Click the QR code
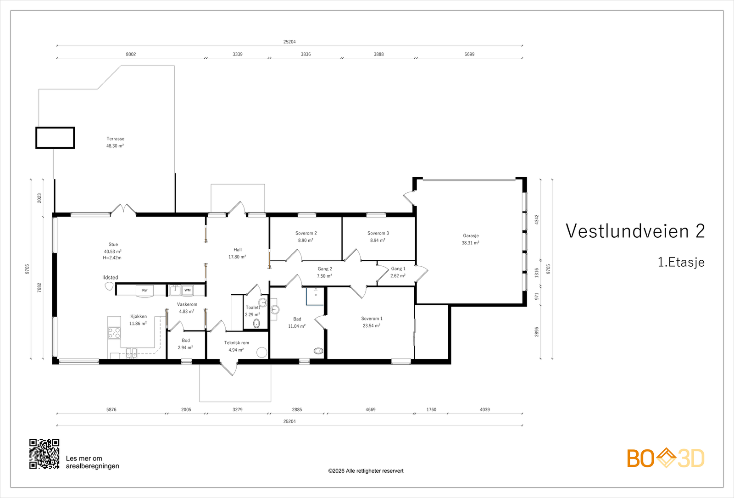click(x=44, y=454)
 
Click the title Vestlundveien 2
click(x=635, y=231)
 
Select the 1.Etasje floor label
click(x=681, y=262)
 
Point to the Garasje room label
click(x=471, y=235)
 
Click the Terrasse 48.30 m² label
click(x=115, y=142)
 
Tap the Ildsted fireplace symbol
click(x=109, y=286)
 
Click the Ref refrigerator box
click(x=145, y=290)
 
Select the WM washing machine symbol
click(x=188, y=290)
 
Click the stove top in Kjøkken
click(x=114, y=333)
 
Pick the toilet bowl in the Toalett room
click(x=256, y=324)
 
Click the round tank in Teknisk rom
click(x=261, y=352)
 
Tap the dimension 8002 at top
click(x=131, y=54)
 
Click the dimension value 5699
click(x=469, y=54)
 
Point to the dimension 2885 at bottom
click(x=297, y=409)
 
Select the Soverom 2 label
click(x=306, y=233)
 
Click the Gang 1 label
click(x=398, y=269)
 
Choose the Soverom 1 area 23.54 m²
click(x=371, y=325)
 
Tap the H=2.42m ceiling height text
click(x=112, y=257)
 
